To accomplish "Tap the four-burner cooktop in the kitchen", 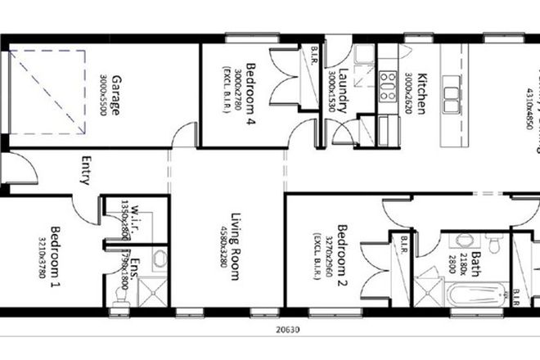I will coord(385,83).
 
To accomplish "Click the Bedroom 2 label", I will coord(343,254).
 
